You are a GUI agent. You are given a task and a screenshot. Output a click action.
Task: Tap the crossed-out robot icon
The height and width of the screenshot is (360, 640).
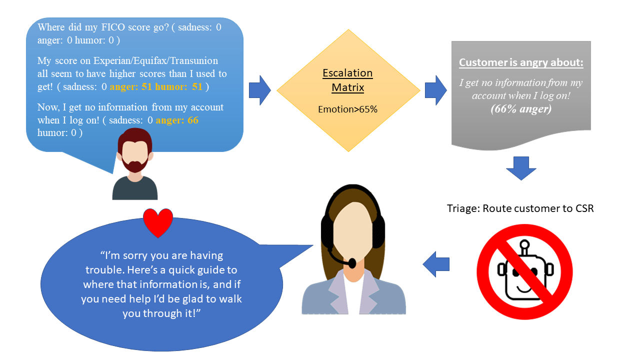coord(524,271)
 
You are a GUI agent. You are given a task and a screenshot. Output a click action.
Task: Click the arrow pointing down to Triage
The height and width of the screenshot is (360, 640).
coord(521,168)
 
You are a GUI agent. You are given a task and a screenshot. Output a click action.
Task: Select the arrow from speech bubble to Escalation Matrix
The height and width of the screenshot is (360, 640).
coord(259,90)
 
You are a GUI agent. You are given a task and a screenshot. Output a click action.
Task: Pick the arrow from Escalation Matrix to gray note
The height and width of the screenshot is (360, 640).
coord(436,90)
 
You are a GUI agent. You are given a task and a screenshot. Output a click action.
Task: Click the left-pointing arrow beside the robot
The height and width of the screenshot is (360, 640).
coord(436,264)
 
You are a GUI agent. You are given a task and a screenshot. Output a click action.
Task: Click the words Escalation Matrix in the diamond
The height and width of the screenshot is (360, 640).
coord(347,80)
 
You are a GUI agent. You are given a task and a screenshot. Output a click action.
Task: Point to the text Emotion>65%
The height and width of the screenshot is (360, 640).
coord(347,109)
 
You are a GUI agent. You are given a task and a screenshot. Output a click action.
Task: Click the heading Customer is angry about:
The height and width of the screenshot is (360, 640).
coord(521,62)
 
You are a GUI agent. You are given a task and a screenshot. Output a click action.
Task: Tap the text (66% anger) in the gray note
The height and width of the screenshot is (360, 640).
coord(521,109)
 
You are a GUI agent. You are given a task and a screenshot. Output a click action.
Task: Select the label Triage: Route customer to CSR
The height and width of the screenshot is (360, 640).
coord(520,208)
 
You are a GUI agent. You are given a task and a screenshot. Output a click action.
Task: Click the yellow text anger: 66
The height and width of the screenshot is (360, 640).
coord(177,120)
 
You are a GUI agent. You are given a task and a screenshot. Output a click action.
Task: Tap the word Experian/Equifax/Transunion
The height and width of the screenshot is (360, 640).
coord(155,61)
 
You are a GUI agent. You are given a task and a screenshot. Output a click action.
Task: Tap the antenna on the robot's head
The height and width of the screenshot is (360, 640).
coord(524,247)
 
